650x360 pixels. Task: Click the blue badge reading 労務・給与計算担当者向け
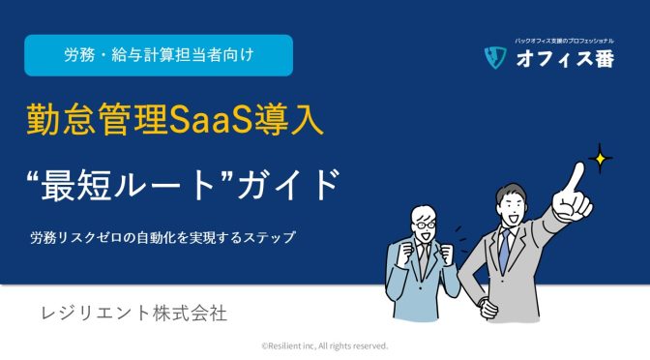tap(158, 55)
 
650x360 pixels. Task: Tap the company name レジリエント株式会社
tap(133, 315)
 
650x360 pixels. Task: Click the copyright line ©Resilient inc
tap(325, 345)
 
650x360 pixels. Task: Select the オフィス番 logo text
tap(563, 60)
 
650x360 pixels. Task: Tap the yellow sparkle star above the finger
tap(602, 158)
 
